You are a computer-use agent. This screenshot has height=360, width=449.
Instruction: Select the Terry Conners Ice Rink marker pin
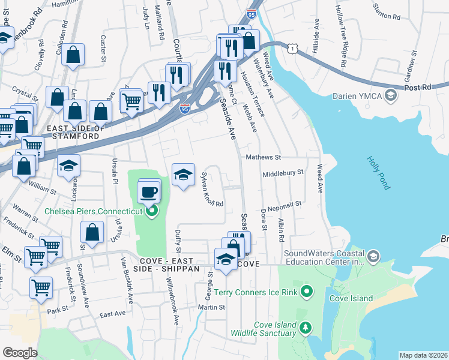[308, 292]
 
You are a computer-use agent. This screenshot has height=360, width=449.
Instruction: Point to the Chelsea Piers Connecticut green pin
[152, 211]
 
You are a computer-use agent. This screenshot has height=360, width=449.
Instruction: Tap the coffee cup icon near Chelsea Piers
[148, 193]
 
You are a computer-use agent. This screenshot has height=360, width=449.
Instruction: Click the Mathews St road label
[264, 157]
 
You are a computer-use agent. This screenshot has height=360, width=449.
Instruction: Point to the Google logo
[20, 353]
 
